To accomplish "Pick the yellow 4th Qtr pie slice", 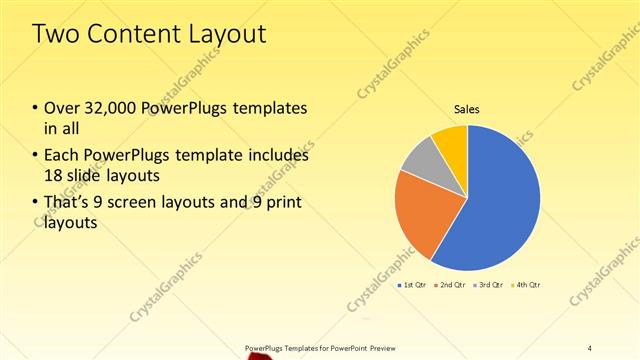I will click(451, 142).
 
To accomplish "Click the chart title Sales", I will click(467, 109).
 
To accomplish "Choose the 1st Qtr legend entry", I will click(414, 286).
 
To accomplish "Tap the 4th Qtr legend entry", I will click(527, 286).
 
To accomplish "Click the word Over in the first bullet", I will click(63, 108).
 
